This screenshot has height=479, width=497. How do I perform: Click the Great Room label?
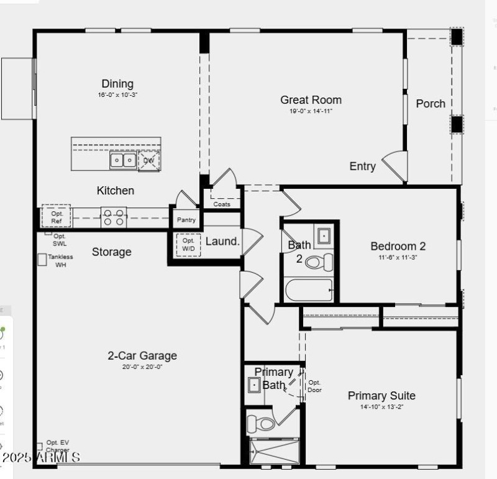311,99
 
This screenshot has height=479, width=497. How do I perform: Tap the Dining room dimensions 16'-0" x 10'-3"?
117,95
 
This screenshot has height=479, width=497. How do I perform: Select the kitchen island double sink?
123,161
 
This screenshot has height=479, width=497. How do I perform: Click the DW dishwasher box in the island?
149,161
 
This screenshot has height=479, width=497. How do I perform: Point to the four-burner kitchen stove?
114,217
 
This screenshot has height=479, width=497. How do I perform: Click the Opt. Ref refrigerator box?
57,217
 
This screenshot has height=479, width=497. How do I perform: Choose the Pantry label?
186,220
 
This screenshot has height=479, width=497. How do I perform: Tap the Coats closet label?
222,204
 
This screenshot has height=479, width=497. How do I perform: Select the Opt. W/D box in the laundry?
188,245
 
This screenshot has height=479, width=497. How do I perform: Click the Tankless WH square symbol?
42,260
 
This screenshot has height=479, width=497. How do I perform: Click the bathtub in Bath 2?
309,290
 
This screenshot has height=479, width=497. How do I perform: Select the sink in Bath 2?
324,236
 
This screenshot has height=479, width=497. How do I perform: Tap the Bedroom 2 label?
398,246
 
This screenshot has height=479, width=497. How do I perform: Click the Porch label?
431,104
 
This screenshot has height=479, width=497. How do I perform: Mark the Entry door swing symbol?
395,166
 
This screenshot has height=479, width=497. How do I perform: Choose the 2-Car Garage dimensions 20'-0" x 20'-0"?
142,367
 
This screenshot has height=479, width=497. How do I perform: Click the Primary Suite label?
381,396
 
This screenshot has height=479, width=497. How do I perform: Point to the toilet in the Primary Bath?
261,424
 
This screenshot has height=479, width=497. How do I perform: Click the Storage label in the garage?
112,252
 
